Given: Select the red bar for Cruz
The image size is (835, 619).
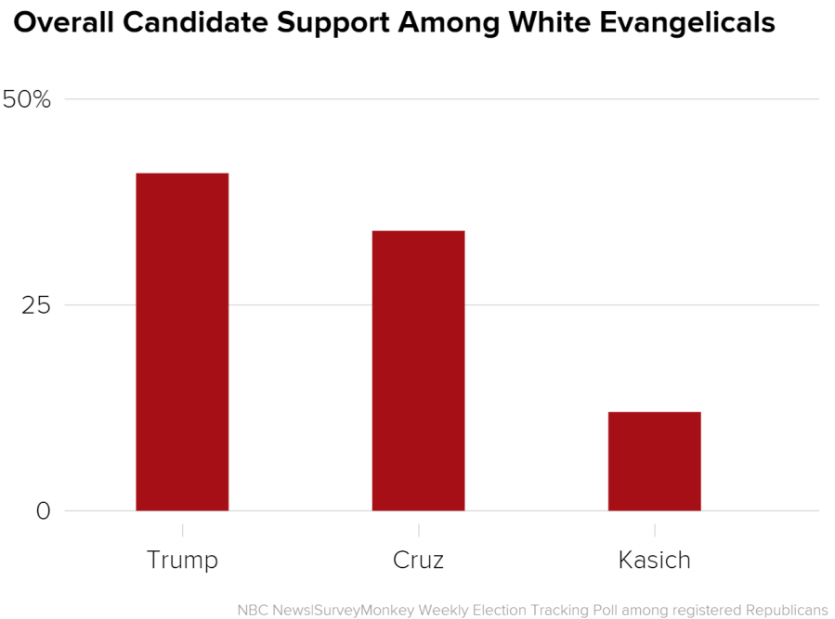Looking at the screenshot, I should click(x=418, y=370).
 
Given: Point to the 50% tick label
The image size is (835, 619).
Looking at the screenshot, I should click(x=27, y=99).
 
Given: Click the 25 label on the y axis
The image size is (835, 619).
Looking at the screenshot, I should click(x=36, y=305).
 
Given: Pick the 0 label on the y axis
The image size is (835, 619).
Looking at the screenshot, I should click(x=44, y=511).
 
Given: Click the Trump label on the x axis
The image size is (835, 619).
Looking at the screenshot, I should click(x=182, y=561).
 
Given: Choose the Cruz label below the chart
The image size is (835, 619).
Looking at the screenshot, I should click(x=418, y=561).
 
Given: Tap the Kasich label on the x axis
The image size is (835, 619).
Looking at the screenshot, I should click(x=654, y=561).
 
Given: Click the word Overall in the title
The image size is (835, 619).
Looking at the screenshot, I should click(x=63, y=22).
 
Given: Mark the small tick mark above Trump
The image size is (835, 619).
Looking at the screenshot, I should click(x=182, y=529).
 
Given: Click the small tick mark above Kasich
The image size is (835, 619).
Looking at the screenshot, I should click(x=654, y=529).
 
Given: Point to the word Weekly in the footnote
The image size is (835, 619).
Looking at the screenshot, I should click(x=448, y=610).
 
